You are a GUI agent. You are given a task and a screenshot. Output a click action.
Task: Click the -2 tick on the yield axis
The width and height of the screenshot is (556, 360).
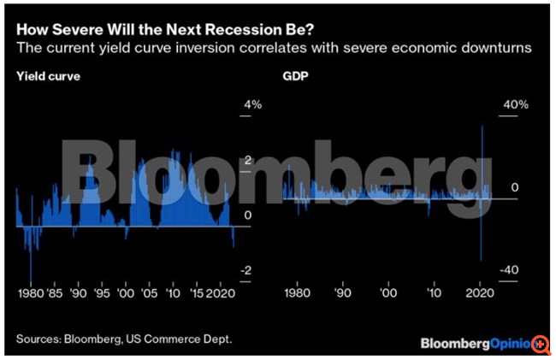[x=247, y=271]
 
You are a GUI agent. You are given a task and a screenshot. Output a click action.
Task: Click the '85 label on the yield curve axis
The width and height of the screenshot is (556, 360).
[x=54, y=293]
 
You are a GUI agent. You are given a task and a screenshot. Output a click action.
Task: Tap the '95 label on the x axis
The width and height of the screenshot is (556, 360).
[x=102, y=293]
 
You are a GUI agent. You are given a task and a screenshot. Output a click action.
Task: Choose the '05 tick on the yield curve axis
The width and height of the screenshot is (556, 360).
[x=151, y=293]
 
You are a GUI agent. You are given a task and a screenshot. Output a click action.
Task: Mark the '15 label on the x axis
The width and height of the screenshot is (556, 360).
[x=198, y=293]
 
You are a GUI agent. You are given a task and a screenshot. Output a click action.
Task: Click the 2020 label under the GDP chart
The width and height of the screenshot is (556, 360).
[x=479, y=293]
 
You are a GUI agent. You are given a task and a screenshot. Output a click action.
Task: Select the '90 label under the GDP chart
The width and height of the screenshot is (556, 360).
[x=343, y=293]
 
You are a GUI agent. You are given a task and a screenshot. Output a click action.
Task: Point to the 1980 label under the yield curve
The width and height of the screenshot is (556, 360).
[x=30, y=293]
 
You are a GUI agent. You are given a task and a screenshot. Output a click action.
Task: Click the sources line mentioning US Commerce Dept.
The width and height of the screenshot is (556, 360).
[x=123, y=339]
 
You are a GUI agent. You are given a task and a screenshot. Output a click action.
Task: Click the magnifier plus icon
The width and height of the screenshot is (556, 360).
[x=541, y=343]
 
